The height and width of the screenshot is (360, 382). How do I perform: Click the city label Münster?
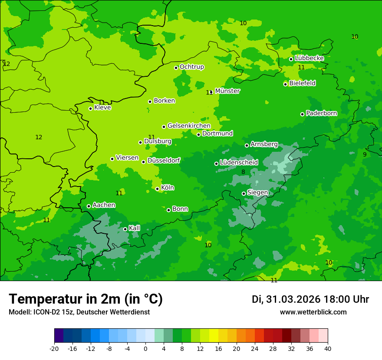pos(227,91)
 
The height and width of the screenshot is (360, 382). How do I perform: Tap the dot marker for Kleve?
pos(90,108)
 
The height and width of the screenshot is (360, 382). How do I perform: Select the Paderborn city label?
pos(321,113)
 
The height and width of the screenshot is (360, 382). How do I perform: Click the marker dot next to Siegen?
pos(244,193)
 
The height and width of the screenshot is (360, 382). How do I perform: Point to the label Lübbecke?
pos(309,58)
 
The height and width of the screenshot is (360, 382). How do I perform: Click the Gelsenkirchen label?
pos(189,126)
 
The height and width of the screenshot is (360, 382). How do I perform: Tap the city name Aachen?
pos(104,205)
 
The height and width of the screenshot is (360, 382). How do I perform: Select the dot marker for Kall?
pos(125,229)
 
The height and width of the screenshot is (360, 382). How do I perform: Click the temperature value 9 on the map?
pos(365,154)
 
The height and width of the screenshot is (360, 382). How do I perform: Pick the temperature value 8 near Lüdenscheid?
pos(243,172)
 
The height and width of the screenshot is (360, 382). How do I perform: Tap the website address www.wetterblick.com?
pos(313,312)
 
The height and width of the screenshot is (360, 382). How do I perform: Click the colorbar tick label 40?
pos(328,349)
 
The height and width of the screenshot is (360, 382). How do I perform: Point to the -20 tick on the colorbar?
pos(54,349)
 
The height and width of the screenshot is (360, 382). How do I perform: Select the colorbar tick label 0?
pos(145,349)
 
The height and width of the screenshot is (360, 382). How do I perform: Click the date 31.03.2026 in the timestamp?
pos(293,299)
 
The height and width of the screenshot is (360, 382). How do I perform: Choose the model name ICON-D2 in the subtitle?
pos(47,312)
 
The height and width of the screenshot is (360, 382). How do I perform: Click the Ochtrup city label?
pos(191,67)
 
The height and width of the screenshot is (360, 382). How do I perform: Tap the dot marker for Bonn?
pos(168,210)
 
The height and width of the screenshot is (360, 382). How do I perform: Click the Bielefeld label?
pos(302,83)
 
